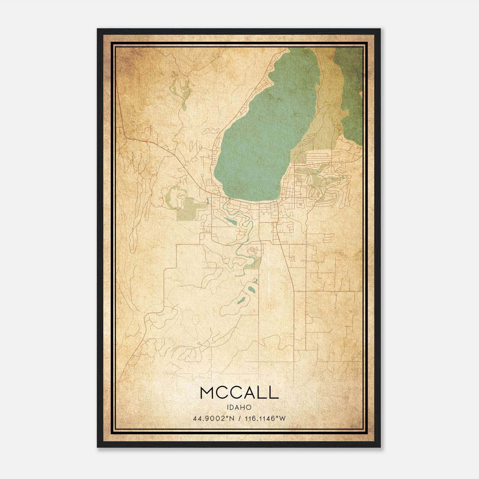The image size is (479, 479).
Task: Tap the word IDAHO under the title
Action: click(x=239, y=407)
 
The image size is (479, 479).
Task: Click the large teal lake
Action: click(x=263, y=135)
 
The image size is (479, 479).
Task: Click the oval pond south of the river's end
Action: click(x=251, y=290)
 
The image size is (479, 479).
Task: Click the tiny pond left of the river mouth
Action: click(x=207, y=201)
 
